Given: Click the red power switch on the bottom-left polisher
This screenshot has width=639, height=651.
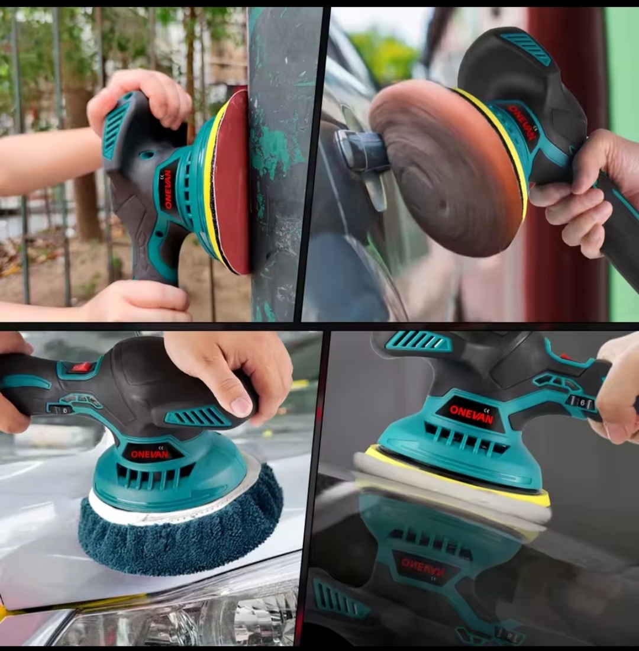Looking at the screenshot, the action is pyautogui.click(x=82, y=367).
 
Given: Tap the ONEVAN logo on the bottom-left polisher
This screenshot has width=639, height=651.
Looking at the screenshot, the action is pyautogui.click(x=150, y=454).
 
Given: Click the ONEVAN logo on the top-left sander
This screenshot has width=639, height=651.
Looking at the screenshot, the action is pyautogui.click(x=168, y=189).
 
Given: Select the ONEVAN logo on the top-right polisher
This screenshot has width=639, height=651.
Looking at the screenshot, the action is pyautogui.click(x=522, y=123).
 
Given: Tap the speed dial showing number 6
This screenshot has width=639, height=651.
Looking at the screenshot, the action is pyautogui.click(x=581, y=402).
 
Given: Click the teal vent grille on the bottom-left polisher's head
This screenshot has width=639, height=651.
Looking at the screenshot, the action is pyautogui.click(x=198, y=417).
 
